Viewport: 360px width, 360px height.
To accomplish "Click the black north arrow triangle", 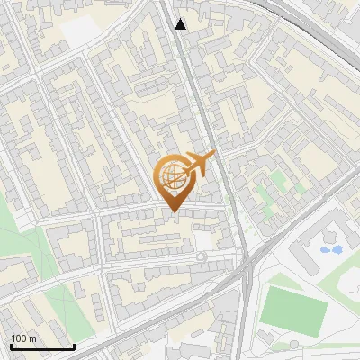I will (181, 24).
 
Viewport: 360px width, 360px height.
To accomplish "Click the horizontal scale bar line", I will (42, 347).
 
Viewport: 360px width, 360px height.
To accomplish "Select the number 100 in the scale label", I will (19, 338).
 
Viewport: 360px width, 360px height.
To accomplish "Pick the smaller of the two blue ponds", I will (325, 246).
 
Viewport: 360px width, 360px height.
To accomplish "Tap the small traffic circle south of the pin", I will (201, 256).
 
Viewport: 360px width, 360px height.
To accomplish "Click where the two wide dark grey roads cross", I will (244, 262).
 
